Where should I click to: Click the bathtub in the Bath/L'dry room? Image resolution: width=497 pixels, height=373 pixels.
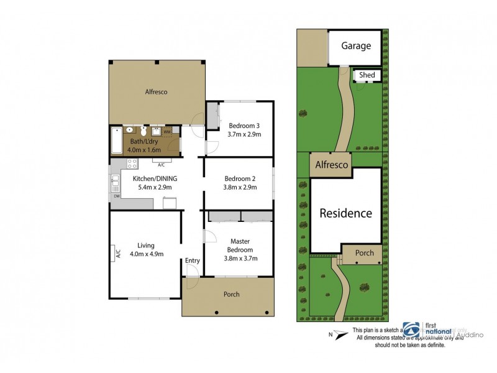(x=117, y=140)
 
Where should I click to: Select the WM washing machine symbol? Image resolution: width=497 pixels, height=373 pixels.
(x=167, y=132)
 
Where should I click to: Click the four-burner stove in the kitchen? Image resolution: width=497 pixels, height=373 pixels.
(x=132, y=164)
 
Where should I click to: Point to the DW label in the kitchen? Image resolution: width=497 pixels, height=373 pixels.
(x=116, y=197)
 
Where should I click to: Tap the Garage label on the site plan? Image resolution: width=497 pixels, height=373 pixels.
(x=356, y=46)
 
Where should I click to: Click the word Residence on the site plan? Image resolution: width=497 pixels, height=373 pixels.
(x=345, y=213)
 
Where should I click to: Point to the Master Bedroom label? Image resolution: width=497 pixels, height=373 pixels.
(x=240, y=246)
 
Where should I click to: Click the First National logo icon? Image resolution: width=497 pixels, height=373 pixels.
(x=411, y=329)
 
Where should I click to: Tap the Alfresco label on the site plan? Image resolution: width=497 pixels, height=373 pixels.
(x=332, y=165)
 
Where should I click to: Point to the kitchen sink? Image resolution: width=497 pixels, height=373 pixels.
(x=115, y=182)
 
